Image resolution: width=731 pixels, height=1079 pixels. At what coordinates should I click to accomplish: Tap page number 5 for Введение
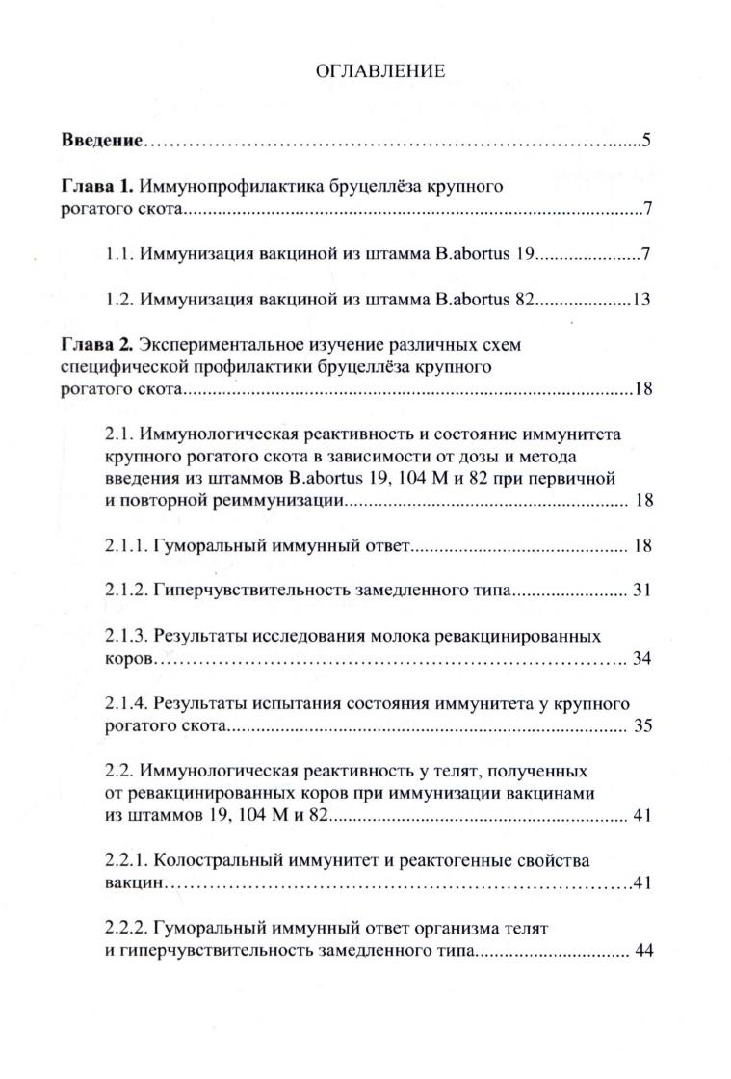pos(648,142)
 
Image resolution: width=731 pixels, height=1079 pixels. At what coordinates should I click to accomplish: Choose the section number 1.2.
pos(119,299)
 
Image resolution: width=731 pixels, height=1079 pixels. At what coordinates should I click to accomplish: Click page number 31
pos(643,590)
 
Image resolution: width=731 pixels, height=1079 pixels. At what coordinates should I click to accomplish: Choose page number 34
pos(643,659)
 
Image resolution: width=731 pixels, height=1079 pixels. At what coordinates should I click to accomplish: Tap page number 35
pos(643,726)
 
